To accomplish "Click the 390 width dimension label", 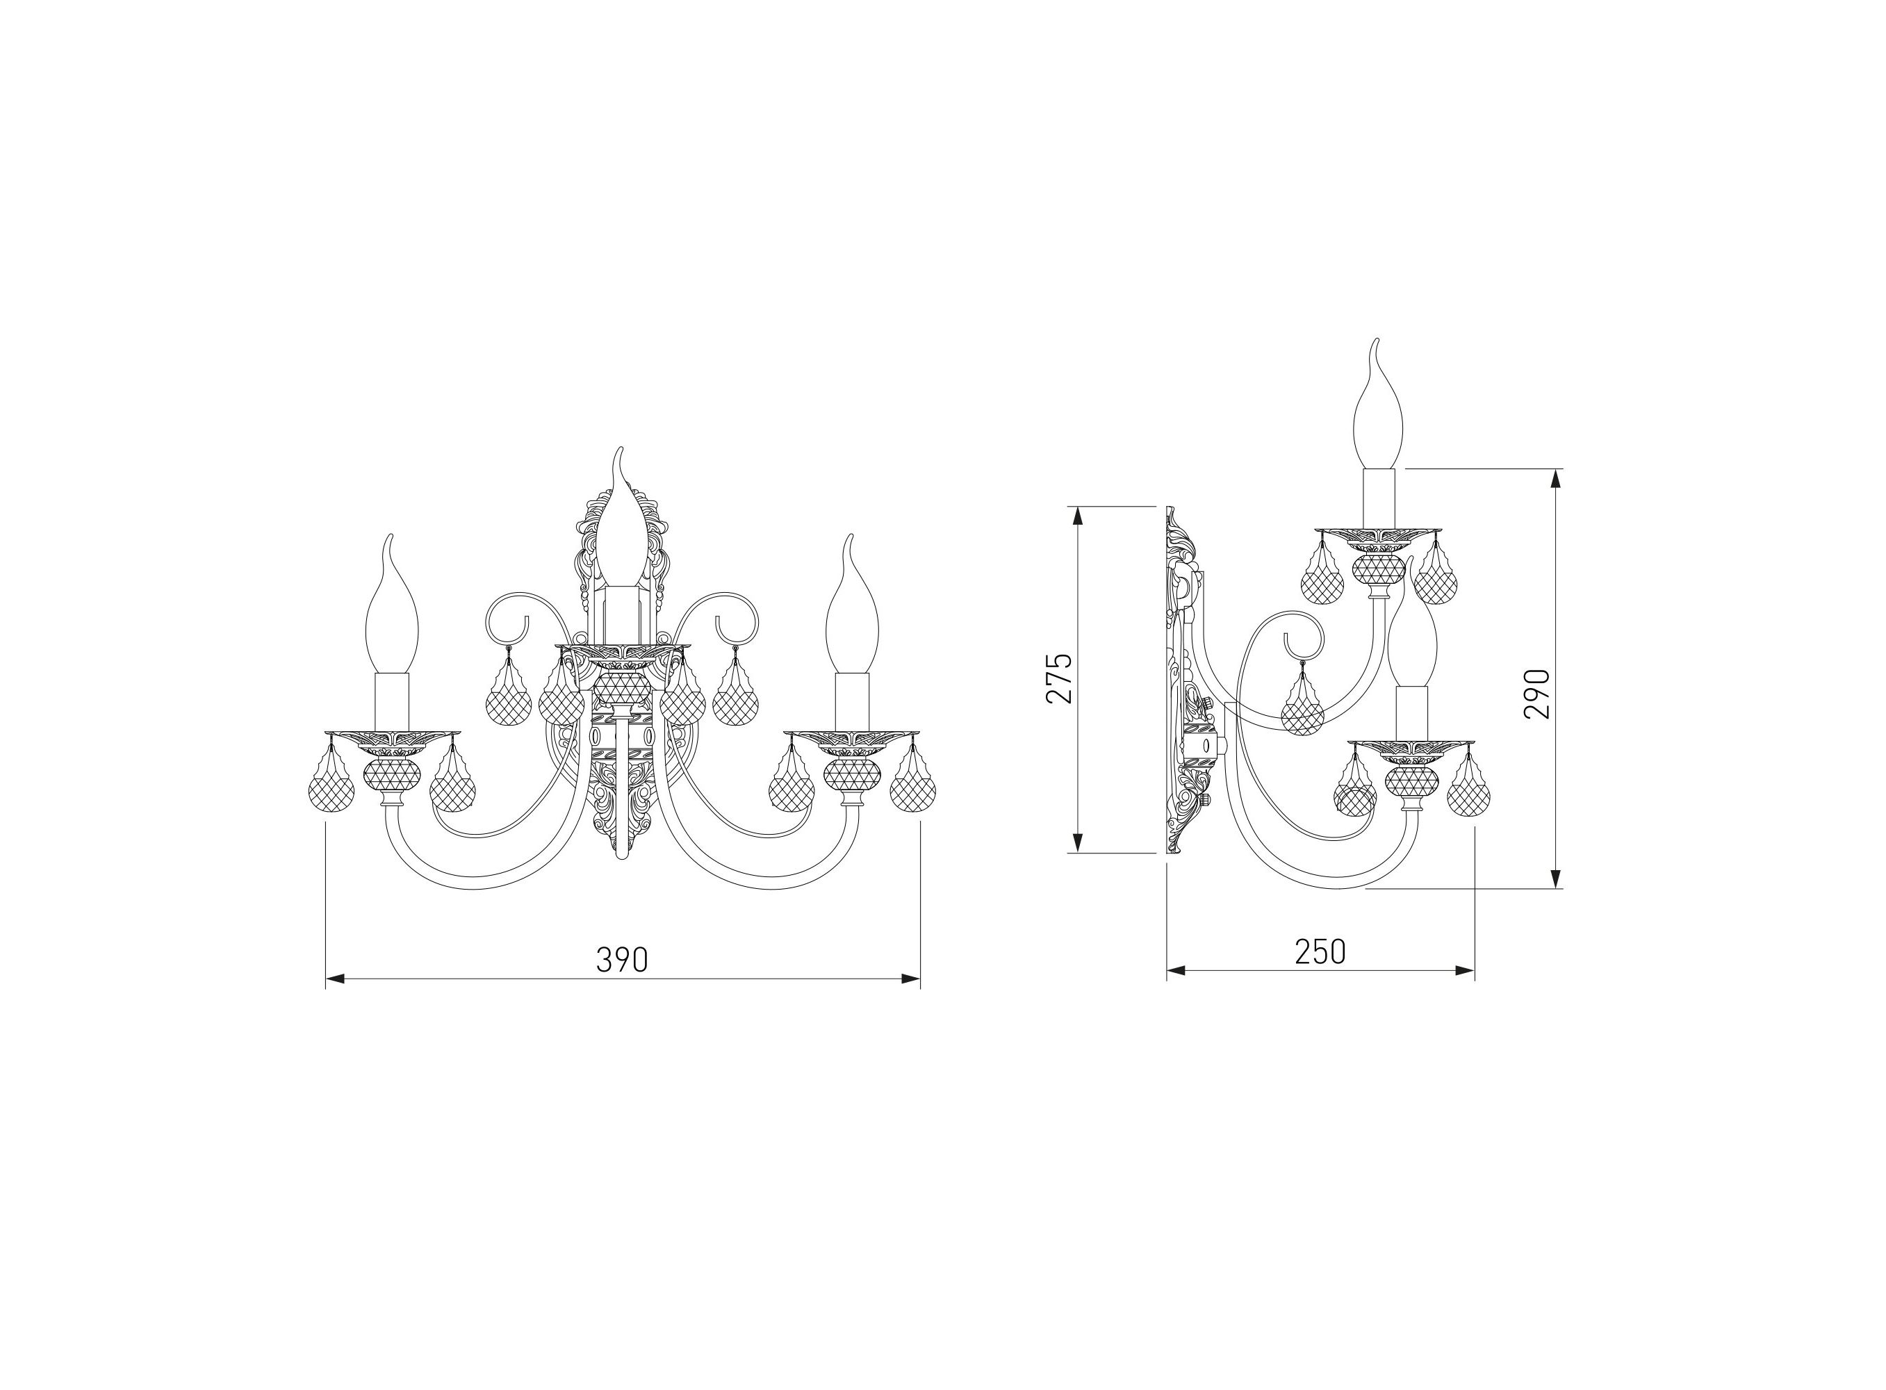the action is pyautogui.click(x=622, y=959).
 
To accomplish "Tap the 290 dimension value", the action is pyautogui.click(x=1536, y=694).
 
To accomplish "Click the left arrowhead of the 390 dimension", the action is pyautogui.click(x=336, y=979).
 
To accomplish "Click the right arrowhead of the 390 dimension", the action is pyautogui.click(x=910, y=979).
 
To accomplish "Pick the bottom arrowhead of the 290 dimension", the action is pyautogui.click(x=1555, y=878).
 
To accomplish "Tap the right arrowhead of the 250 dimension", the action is pyautogui.click(x=1466, y=970).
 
